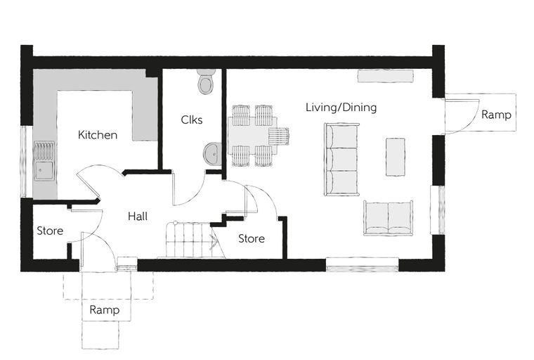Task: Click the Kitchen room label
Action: (98, 135)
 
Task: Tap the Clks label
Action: (191, 120)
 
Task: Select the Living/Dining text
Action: (341, 108)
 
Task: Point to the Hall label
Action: (138, 216)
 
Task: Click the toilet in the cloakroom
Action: (206, 81)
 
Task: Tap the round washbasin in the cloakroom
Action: (212, 154)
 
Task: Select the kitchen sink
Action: (44, 160)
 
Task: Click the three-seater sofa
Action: (341, 160)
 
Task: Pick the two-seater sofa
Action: (389, 218)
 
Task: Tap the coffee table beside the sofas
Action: (396, 157)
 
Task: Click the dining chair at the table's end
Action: (278, 136)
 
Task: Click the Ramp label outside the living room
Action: (496, 115)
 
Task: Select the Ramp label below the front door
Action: (105, 310)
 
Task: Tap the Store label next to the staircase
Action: (252, 238)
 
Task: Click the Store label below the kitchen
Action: (50, 231)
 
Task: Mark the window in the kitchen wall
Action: (23, 162)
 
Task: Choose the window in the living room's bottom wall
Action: (362, 264)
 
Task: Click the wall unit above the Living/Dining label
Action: (386, 76)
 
